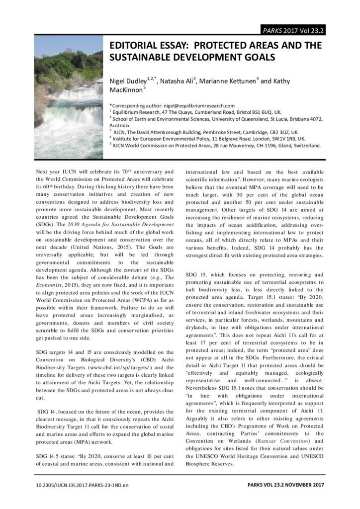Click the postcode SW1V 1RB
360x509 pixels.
[x=285, y=139]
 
